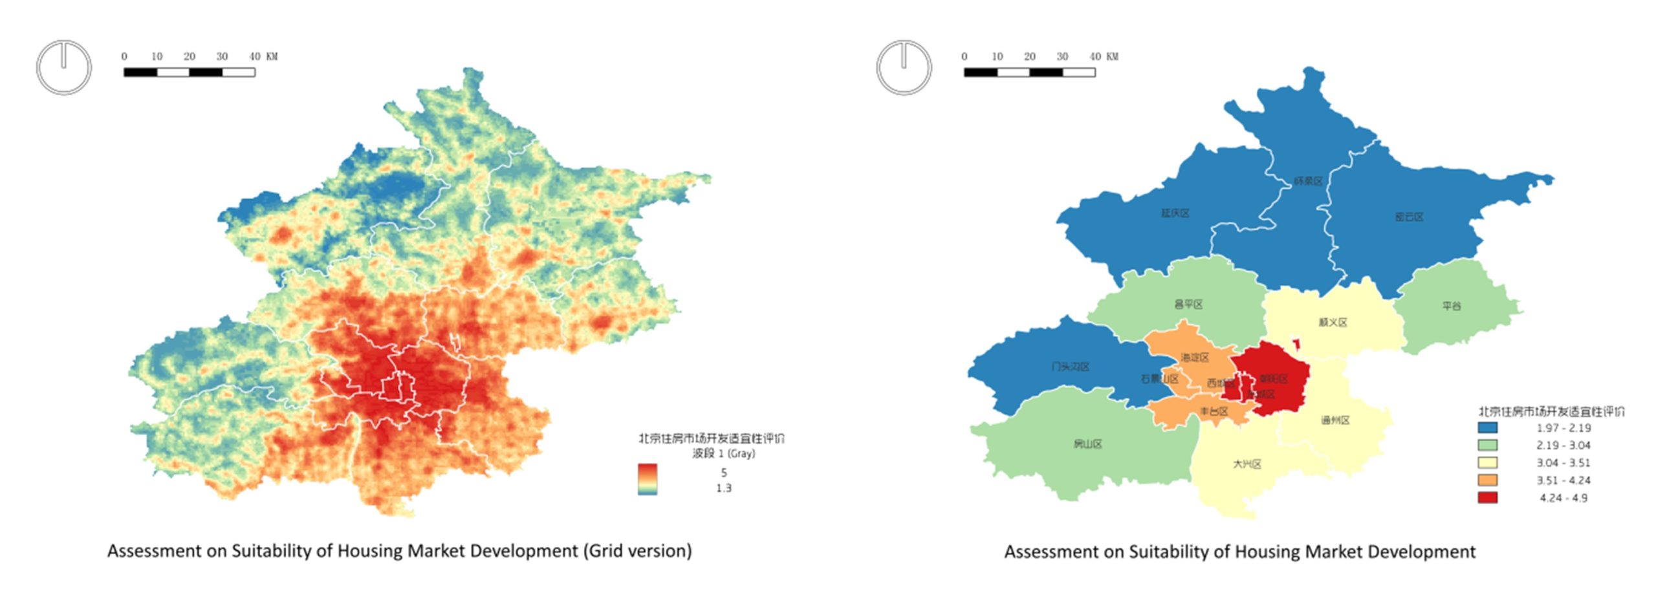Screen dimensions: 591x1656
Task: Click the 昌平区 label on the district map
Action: click(x=1188, y=304)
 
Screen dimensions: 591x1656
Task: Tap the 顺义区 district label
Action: click(x=1333, y=322)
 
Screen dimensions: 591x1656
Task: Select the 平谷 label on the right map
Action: click(x=1452, y=306)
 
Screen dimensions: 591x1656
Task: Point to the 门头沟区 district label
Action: click(x=1070, y=367)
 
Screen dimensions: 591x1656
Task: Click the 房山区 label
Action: click(x=1087, y=444)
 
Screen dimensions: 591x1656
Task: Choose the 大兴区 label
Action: click(x=1247, y=464)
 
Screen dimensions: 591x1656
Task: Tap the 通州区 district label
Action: click(x=1335, y=420)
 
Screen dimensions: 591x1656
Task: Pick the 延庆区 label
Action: click(x=1175, y=213)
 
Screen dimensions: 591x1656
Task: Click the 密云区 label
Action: click(x=1409, y=217)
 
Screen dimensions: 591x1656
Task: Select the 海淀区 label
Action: click(x=1194, y=358)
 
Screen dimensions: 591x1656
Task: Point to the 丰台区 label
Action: click(x=1214, y=411)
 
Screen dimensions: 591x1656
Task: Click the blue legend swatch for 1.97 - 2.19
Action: click(x=1487, y=428)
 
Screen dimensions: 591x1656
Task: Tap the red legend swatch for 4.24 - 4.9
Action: click(x=1487, y=498)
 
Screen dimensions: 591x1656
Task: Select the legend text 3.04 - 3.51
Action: click(x=1563, y=463)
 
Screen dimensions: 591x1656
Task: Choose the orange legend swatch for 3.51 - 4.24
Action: click(x=1487, y=480)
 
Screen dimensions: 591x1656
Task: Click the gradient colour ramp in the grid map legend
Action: click(x=647, y=479)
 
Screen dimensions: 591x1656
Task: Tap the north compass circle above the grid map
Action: click(x=63, y=67)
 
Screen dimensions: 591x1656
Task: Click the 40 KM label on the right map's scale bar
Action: click(x=1104, y=57)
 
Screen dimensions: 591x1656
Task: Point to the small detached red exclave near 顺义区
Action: click(x=1296, y=345)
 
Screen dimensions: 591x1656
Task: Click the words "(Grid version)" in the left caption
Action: click(x=637, y=551)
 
